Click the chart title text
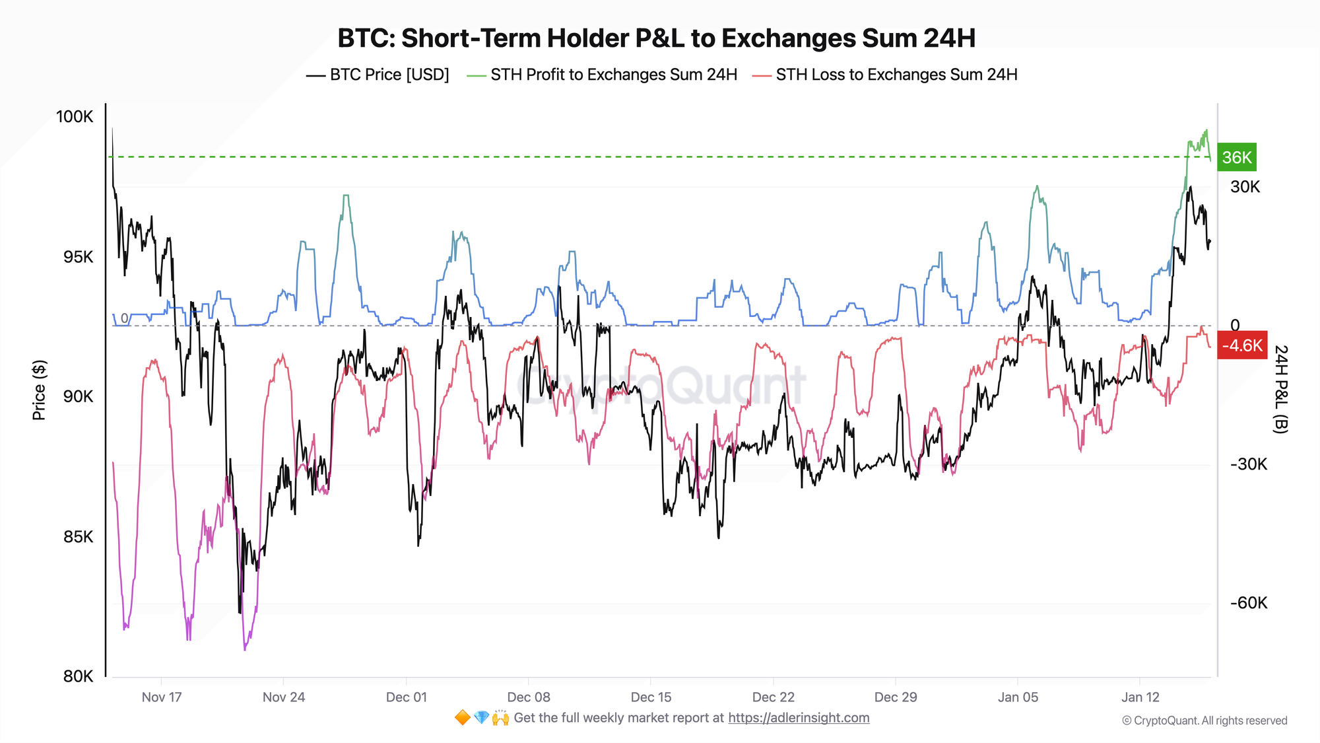(656, 38)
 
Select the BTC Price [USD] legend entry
(378, 75)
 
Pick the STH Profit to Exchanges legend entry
(602, 75)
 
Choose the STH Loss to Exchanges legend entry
(885, 75)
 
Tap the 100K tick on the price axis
(75, 117)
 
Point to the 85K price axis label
(79, 536)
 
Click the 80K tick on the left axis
(79, 676)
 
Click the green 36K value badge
(1236, 157)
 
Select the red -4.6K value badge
(1241, 345)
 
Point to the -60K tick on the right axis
(1248, 603)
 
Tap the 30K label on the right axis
(1245, 187)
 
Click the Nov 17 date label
(162, 697)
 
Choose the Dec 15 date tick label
(651, 697)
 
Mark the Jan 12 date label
(1140, 697)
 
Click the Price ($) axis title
(39, 390)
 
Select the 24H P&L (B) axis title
(1280, 389)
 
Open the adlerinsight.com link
(799, 718)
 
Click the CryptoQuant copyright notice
(1204, 721)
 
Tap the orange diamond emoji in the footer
(463, 718)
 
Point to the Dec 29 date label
(896, 697)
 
